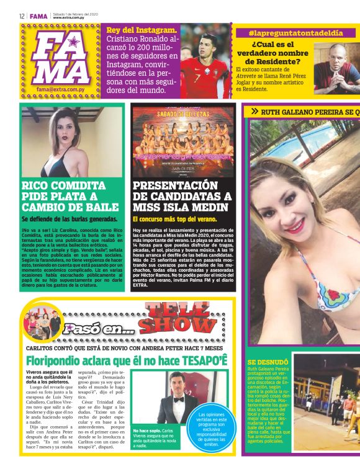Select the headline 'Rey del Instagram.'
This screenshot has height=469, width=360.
pos(142,30)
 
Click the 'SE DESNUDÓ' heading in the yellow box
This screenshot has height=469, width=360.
pos(268,362)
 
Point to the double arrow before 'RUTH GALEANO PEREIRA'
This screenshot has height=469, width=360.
pos(254,112)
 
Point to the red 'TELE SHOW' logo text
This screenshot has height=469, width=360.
pos(179,318)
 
